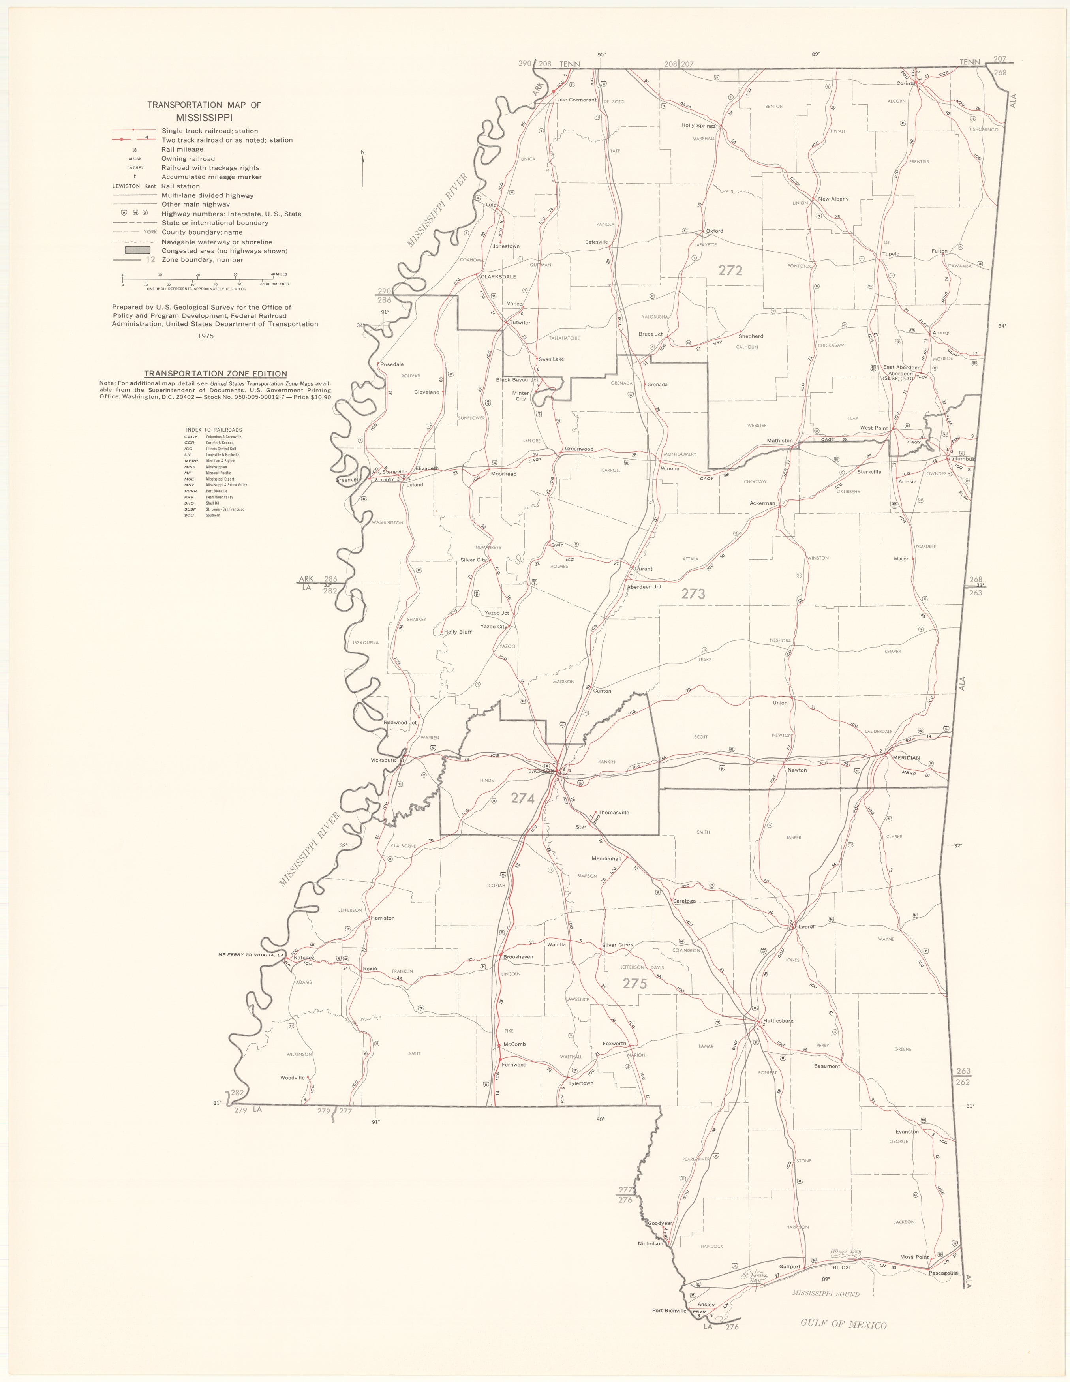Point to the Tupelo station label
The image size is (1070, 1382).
[x=890, y=254]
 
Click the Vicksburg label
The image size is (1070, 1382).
[x=383, y=760]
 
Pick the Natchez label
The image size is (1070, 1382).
[x=304, y=958]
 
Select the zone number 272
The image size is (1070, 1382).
[x=730, y=270]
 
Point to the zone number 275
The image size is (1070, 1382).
[x=634, y=983]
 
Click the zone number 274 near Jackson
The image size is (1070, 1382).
[x=523, y=798]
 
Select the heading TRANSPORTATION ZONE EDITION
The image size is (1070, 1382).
[x=215, y=374]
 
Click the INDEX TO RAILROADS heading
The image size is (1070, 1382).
[x=214, y=430]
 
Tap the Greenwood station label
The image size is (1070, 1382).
[x=579, y=449]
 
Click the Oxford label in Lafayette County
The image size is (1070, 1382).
[x=714, y=231]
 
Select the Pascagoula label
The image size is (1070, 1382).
[x=943, y=1273]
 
